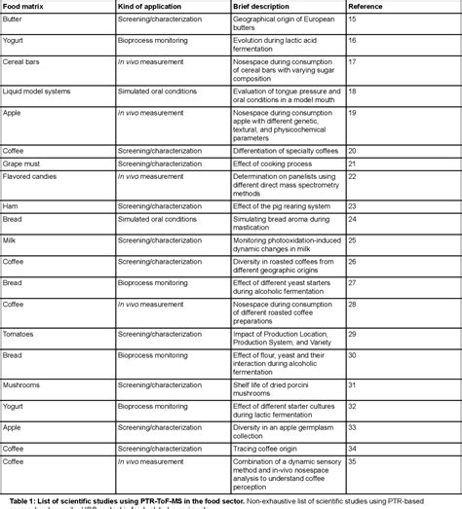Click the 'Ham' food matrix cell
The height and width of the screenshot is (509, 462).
coord(13,206)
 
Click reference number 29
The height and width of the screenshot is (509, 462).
coord(352,334)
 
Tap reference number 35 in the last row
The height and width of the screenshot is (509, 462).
coord(352,460)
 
